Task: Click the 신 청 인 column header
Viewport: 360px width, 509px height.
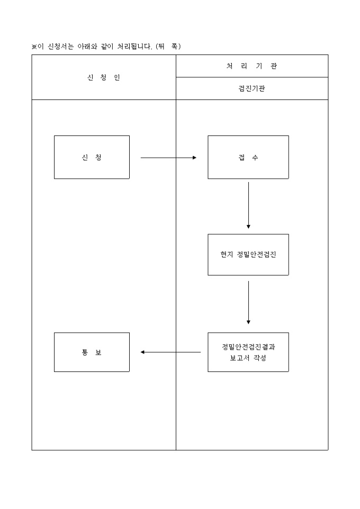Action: [x=104, y=78]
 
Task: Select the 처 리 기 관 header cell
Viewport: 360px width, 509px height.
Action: [x=251, y=66]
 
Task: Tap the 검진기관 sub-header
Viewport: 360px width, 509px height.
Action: [x=251, y=88]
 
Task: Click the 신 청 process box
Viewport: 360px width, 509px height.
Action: [x=92, y=157]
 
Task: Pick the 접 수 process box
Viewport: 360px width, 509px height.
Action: [x=248, y=157]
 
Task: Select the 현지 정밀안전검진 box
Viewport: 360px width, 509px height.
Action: [x=248, y=254]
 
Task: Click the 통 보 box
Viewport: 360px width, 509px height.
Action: [x=92, y=352]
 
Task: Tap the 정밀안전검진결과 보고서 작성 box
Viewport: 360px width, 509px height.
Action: [x=248, y=352]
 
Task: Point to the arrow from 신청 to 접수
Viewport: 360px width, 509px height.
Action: [x=168, y=157]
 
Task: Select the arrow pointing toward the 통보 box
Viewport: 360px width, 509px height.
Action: [x=170, y=352]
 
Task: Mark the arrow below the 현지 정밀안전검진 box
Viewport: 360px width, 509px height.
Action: [x=248, y=302]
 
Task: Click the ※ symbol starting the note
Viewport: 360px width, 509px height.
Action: [x=34, y=47]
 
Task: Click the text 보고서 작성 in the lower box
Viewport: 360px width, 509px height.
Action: [x=248, y=358]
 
